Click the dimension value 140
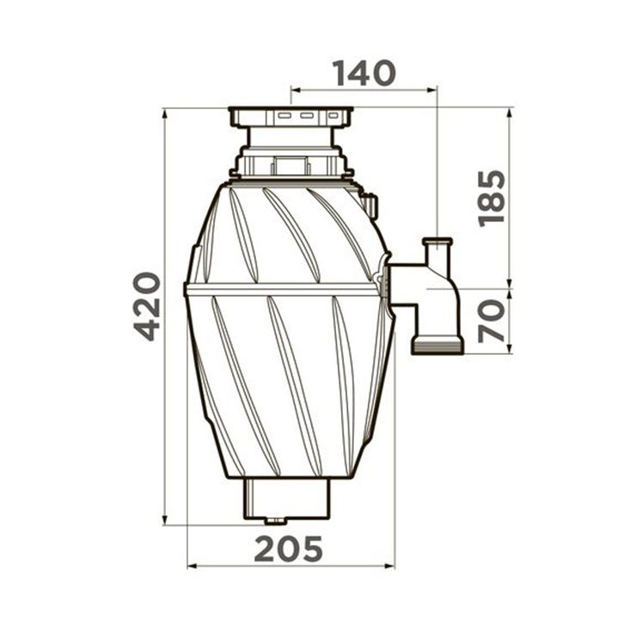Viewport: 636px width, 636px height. click(x=364, y=73)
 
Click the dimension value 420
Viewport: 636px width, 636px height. click(x=147, y=306)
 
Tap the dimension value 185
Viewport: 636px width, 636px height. click(x=492, y=199)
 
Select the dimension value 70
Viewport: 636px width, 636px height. click(x=492, y=321)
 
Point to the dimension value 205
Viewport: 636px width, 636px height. click(x=288, y=549)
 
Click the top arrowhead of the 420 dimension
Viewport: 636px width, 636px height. click(x=164, y=113)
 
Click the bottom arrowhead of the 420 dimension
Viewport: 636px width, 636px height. click(x=164, y=520)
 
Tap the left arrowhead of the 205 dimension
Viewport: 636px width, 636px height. click(x=193, y=566)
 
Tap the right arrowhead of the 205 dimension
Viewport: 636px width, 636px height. click(x=389, y=566)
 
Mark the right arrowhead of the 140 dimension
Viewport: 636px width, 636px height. click(x=431, y=91)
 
